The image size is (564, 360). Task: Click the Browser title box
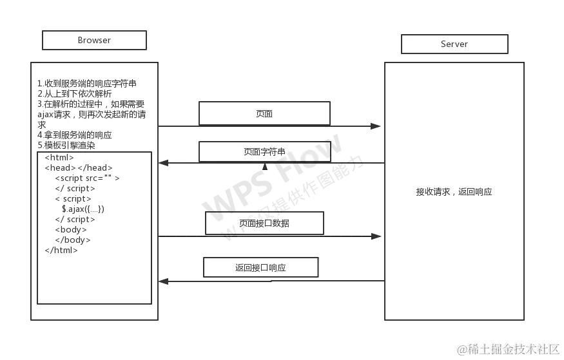pos(95,41)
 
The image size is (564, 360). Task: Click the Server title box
pos(454,44)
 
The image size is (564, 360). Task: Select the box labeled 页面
pos(264,114)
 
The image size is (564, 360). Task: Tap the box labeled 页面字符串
pos(264,152)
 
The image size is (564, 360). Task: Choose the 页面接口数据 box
pos(264,223)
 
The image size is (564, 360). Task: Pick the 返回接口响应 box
pos(260,268)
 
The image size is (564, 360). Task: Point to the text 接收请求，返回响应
pos(454,192)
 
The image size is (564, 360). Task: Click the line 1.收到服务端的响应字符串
pos(87,84)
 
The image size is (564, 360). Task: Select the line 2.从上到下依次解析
pos(75,94)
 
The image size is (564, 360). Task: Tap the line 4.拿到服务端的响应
pos(75,135)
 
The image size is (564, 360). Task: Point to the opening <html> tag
pos(59,158)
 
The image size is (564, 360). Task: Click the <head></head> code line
pos(79,168)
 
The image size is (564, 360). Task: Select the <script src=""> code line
pos(87,178)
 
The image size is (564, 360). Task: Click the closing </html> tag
pos(61,251)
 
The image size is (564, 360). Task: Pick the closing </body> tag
pos(73,240)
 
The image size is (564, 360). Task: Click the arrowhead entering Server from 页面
pos(372,126)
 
